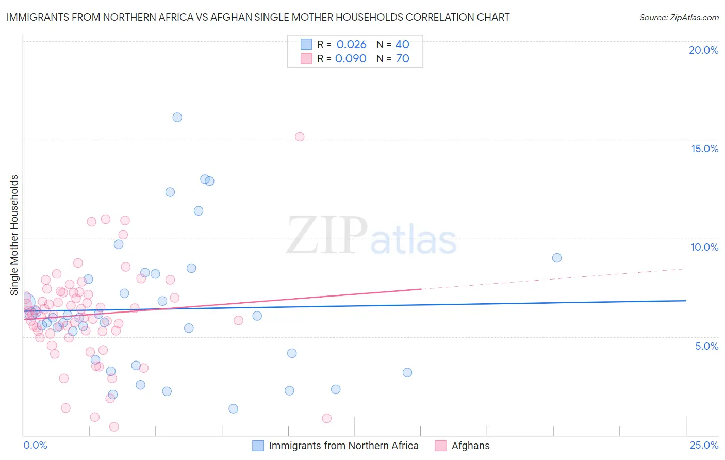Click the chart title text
click(x=258, y=17)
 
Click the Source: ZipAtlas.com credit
click(x=679, y=17)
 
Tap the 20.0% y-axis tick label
click(x=703, y=50)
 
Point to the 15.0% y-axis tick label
click(x=704, y=149)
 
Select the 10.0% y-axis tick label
click(x=704, y=247)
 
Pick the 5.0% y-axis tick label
click(x=706, y=346)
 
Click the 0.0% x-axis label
click(x=35, y=445)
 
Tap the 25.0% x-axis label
click(x=704, y=445)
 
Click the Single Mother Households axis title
click(x=14, y=235)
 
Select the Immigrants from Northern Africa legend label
click(x=343, y=446)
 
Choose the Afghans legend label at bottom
click(x=470, y=446)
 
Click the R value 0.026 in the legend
click(x=351, y=44)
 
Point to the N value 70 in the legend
click(x=402, y=58)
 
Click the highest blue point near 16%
click(x=177, y=117)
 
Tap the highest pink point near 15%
click(x=300, y=137)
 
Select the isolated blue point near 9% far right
click(x=556, y=258)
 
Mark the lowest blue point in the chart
click(x=233, y=409)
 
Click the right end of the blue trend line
click(x=686, y=300)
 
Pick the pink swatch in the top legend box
click(x=306, y=58)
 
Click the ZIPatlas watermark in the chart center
click(x=371, y=236)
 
